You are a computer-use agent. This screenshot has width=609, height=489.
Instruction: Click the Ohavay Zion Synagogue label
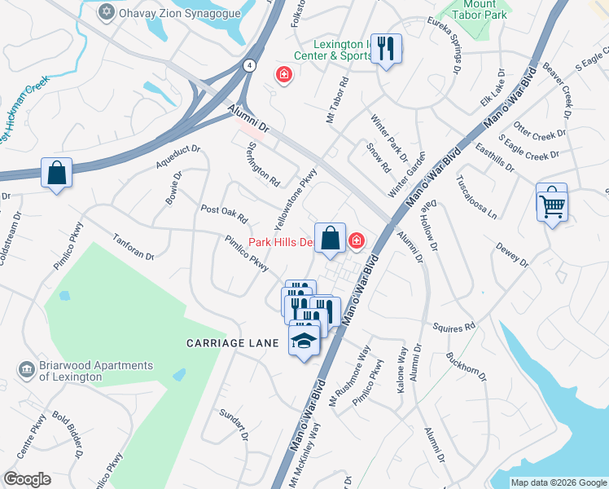click(x=180, y=13)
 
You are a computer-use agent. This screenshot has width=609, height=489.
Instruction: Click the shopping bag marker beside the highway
click(x=56, y=173)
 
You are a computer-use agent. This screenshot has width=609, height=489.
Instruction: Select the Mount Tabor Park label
click(x=475, y=9)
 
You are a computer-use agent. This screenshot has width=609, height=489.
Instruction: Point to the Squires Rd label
click(x=458, y=328)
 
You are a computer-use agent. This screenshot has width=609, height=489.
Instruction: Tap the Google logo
click(x=27, y=479)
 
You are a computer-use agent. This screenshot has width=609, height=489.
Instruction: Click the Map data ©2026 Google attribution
click(x=559, y=482)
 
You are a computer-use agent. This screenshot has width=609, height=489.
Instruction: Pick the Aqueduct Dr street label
click(x=178, y=156)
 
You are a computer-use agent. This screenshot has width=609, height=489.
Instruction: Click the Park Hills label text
click(x=280, y=242)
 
